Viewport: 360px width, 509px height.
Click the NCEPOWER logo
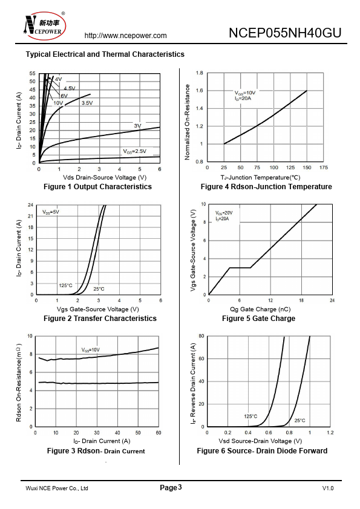[45, 25]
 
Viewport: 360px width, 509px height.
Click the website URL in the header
[125, 36]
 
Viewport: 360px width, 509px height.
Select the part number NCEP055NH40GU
[285, 33]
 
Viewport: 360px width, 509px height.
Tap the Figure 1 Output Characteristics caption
[97, 187]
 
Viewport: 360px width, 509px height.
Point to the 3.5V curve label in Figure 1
[87, 103]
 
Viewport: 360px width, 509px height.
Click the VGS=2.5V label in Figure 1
[134, 151]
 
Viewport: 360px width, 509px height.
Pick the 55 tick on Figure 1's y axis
[32, 73]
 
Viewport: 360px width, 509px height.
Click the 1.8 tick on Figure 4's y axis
[200, 73]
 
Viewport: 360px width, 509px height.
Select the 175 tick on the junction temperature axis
[324, 167]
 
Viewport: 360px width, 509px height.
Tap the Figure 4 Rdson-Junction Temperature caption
[266, 187]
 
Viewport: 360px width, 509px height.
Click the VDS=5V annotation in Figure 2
[51, 212]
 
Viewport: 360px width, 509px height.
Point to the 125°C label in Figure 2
[65, 285]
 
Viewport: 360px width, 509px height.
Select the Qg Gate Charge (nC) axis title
[260, 310]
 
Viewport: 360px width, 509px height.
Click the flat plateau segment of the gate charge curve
[240, 268]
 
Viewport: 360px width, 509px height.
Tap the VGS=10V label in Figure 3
[90, 350]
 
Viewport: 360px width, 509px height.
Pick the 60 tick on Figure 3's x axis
[159, 433]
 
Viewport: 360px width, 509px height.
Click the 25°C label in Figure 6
[299, 420]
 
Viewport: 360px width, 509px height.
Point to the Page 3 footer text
[171, 488]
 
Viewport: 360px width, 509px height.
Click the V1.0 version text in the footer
[328, 488]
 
